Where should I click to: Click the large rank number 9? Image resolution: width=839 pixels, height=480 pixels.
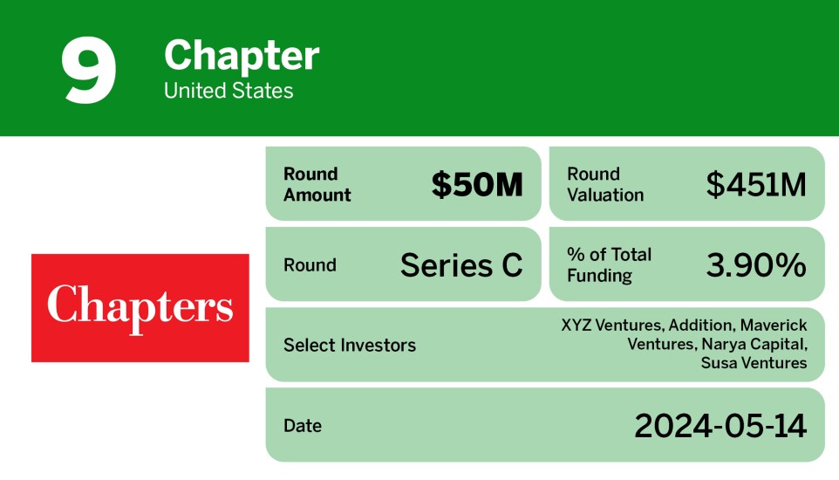point(89,72)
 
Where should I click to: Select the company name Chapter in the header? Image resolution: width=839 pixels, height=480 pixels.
point(242,57)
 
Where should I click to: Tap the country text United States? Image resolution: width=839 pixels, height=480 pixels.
point(229,91)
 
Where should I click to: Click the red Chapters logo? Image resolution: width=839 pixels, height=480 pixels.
point(140,307)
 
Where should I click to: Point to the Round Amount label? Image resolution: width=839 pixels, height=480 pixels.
point(317,184)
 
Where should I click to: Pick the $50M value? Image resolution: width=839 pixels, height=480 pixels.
point(477,185)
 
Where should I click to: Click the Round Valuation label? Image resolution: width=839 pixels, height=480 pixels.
point(605,184)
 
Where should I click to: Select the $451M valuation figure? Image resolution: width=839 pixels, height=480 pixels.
point(755,185)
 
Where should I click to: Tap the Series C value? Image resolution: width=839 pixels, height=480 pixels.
point(461,265)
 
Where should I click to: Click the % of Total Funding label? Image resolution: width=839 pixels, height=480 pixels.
point(609,265)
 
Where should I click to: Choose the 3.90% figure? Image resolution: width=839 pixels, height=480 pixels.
point(755,265)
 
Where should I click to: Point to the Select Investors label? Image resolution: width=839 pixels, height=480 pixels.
point(349,345)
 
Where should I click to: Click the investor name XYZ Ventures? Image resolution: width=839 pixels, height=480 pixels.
point(611,326)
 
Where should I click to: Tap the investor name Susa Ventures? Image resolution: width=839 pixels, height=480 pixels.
point(754,362)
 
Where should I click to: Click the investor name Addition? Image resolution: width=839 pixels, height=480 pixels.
point(701,326)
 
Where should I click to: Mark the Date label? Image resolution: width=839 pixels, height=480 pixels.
point(302,426)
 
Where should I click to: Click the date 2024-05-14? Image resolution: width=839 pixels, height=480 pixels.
point(720,426)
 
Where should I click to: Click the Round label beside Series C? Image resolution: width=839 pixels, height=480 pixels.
point(310,265)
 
